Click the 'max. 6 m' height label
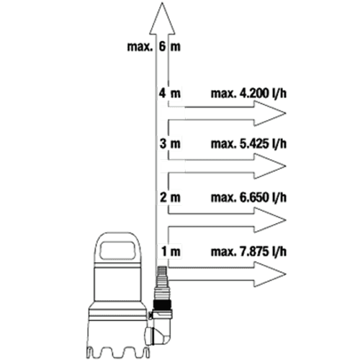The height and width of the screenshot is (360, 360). (x=154, y=46)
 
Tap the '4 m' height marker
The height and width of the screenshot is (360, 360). (x=169, y=93)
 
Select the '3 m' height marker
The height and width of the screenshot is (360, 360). (x=170, y=144)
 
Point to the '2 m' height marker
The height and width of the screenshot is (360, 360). (x=170, y=197)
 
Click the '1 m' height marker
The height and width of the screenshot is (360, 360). (x=171, y=251)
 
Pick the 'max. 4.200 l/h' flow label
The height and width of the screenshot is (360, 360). (x=248, y=93)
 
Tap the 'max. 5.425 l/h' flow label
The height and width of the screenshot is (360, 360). (x=248, y=144)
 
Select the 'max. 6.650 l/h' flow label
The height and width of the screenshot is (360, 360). (x=248, y=197)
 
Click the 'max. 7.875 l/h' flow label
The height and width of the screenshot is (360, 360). (x=248, y=251)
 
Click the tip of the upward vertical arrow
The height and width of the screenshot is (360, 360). (x=162, y=3)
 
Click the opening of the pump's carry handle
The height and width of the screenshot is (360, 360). (x=117, y=251)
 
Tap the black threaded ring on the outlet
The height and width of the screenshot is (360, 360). (x=163, y=305)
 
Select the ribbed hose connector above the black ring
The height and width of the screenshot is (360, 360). (x=163, y=283)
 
